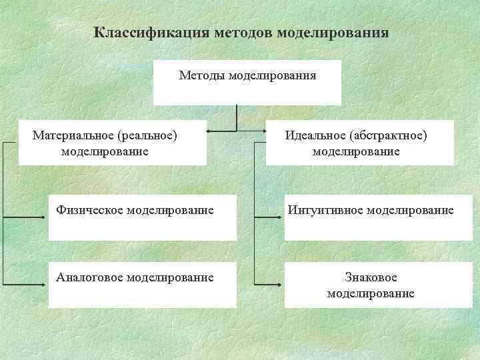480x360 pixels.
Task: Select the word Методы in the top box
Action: pos(202,75)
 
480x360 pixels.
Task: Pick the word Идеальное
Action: pos(314,135)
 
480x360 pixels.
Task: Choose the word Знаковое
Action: pos(371,277)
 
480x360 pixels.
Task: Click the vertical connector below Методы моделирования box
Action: pos(237,117)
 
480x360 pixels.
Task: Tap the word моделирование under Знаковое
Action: pos(371,293)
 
